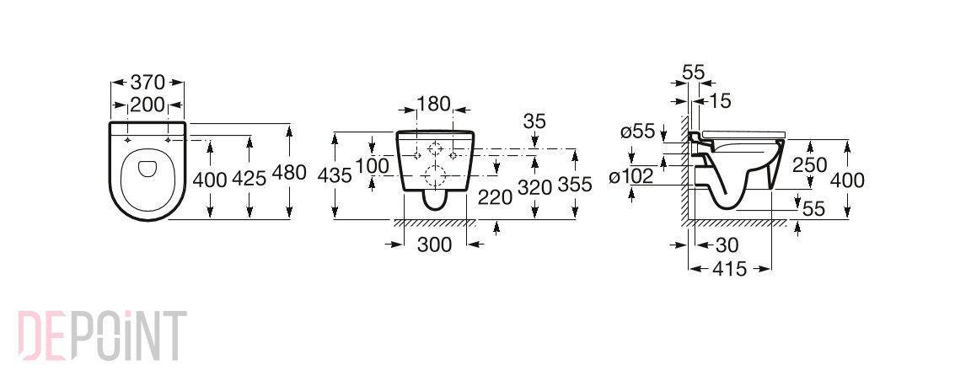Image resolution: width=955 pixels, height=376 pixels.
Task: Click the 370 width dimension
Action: click(x=148, y=82)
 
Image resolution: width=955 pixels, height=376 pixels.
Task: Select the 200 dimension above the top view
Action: click(x=148, y=105)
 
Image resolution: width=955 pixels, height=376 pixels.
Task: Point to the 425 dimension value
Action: click(x=249, y=179)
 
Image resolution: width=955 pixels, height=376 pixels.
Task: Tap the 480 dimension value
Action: click(x=289, y=173)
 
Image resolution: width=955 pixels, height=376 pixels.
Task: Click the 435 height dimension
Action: click(x=335, y=175)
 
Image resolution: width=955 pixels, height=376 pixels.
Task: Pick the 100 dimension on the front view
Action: click(x=372, y=165)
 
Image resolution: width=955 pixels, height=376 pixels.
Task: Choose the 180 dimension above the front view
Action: click(x=433, y=104)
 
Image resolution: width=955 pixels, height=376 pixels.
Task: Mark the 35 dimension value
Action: click(x=534, y=122)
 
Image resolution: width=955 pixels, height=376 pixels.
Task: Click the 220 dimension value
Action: click(x=495, y=196)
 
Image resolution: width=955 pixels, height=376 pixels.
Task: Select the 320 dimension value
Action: click(x=534, y=187)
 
